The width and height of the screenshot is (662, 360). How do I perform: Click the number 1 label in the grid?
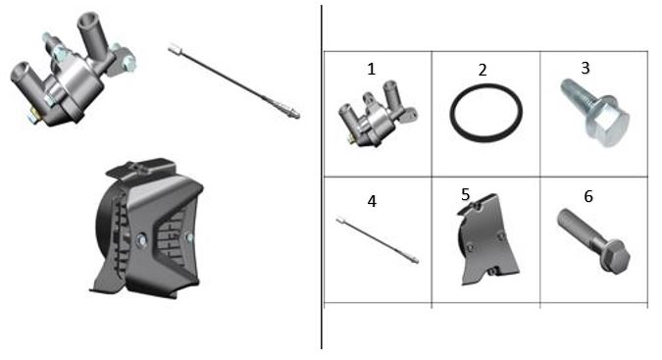point(371,69)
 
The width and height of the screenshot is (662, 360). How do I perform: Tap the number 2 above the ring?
point(483,70)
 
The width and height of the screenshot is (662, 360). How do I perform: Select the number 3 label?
point(586,68)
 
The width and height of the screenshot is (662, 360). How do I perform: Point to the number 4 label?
point(372,201)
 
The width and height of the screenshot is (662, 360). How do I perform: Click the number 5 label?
point(465,194)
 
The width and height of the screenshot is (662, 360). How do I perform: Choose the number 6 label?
point(588,196)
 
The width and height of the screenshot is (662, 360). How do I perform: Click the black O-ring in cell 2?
point(452,114)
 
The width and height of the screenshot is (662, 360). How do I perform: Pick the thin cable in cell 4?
point(378,240)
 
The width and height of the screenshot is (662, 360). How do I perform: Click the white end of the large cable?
point(175,50)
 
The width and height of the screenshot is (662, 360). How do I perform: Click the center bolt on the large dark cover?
point(141,241)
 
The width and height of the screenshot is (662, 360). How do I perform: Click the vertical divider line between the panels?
point(322,178)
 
